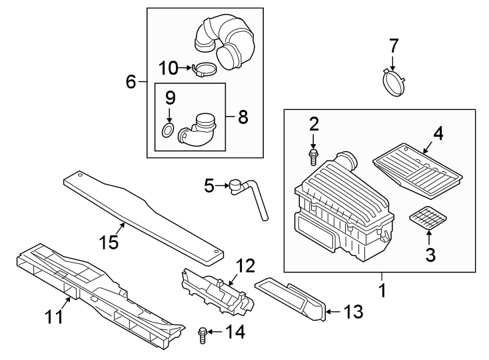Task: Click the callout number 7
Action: pyautogui.click(x=394, y=46)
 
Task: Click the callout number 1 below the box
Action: pyautogui.click(x=382, y=291)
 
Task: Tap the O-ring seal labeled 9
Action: pyautogui.click(x=169, y=129)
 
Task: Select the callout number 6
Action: pyautogui.click(x=131, y=82)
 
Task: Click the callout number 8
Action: pyautogui.click(x=243, y=118)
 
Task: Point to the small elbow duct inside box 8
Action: pyautogui.click(x=200, y=129)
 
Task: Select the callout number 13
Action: pyautogui.click(x=352, y=311)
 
